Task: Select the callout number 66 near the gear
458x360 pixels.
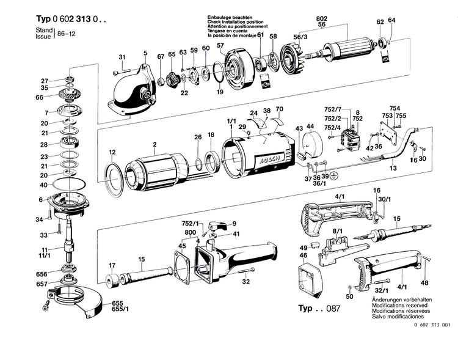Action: click(x=40, y=97)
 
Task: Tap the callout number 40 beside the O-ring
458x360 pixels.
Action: click(x=43, y=185)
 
